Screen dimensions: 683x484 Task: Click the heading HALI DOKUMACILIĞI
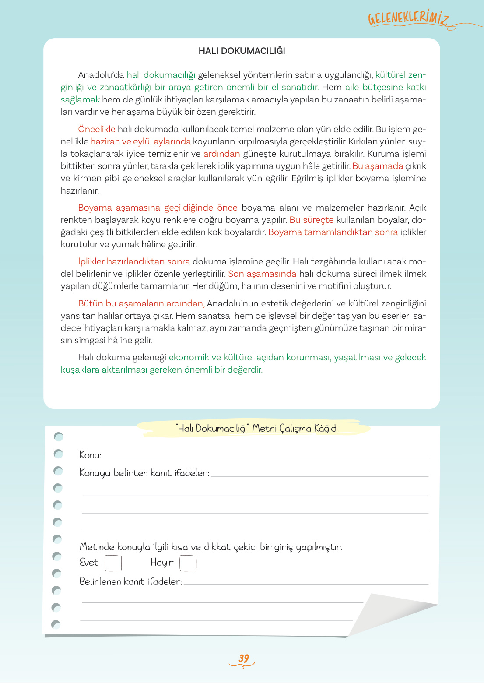point(242,51)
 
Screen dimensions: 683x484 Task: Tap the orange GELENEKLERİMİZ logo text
point(408,19)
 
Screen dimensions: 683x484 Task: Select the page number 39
point(243,658)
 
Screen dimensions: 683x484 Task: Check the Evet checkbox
point(113,563)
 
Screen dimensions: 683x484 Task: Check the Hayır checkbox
point(188,563)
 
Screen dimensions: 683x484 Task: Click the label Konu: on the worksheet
point(90,455)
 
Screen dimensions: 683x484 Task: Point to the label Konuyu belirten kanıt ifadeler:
point(144,473)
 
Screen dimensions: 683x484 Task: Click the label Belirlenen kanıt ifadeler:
point(131,582)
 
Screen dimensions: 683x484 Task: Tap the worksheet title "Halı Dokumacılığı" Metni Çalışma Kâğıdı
point(256,428)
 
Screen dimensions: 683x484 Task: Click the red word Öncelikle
point(96,129)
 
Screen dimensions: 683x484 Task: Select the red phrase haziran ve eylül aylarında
point(140,141)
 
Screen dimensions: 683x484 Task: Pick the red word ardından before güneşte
point(221,154)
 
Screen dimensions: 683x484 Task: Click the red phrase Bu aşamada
point(377,166)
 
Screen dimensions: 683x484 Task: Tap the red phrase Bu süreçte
point(311,220)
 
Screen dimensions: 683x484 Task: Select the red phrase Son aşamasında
point(262,274)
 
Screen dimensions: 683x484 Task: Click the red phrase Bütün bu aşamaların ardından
point(141,303)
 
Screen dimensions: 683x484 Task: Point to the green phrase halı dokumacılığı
point(161,75)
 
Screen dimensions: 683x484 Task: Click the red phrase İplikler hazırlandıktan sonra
point(134,261)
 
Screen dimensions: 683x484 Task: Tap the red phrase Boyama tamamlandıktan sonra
point(333,232)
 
